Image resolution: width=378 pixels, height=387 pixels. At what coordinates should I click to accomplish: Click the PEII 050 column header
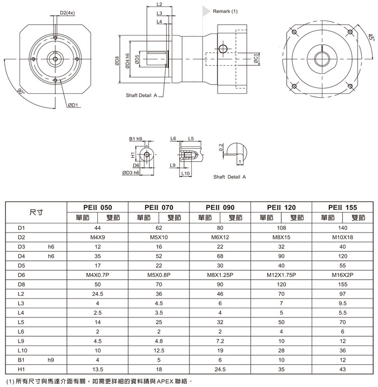(98, 207)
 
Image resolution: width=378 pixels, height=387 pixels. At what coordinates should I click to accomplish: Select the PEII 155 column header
(342, 207)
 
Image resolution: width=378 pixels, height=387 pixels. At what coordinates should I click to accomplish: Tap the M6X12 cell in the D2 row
(220, 237)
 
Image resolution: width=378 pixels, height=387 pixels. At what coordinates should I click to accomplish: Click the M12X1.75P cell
(281, 275)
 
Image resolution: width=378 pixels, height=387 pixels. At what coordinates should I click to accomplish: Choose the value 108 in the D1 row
(281, 228)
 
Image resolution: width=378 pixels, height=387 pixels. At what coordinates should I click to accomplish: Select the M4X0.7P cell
(98, 275)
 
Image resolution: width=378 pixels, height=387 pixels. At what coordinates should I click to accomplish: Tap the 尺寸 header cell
(36, 212)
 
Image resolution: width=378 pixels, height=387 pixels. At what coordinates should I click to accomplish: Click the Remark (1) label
(225, 11)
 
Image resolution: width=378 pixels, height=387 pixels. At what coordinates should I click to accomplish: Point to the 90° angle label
(21, 91)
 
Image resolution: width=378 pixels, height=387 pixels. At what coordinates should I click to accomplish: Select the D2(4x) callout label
(67, 12)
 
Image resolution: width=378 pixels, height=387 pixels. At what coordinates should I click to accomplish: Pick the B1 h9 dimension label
(136, 139)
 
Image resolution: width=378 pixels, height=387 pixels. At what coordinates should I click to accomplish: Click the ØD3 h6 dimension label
(131, 173)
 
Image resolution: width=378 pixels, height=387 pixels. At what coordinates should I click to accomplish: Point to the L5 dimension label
(191, 139)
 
